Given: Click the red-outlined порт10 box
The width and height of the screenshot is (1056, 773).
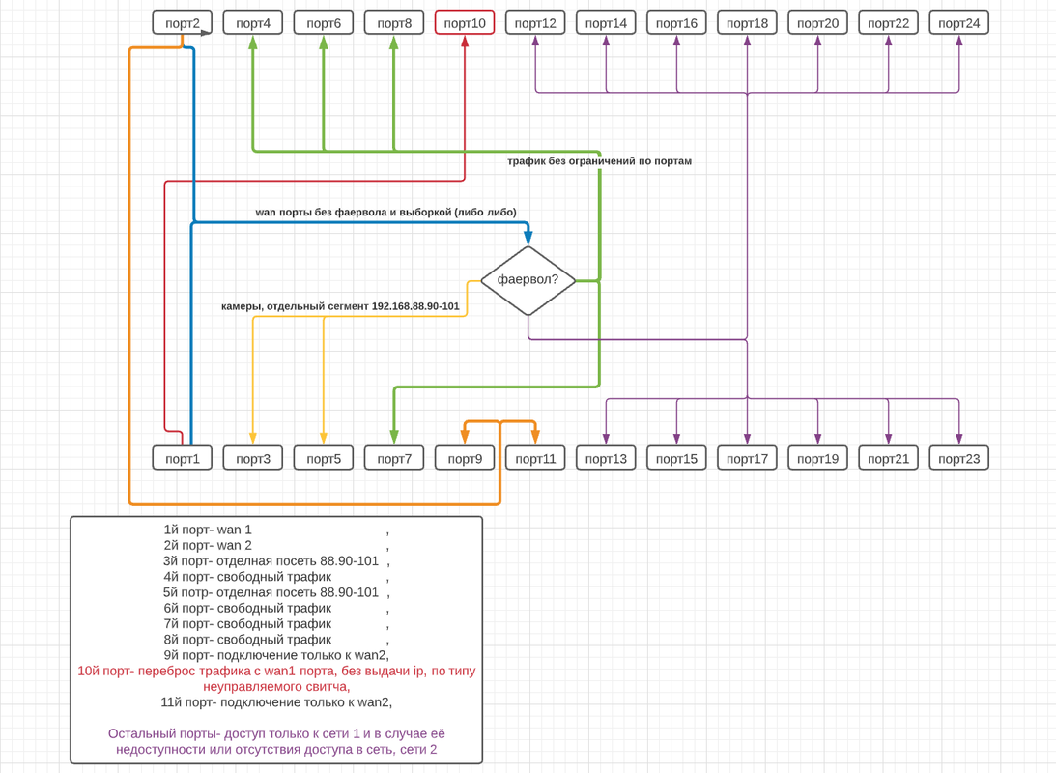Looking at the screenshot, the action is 465,23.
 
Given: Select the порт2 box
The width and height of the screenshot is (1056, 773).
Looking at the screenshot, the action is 183,23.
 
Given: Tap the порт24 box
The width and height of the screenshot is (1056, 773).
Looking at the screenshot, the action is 959,23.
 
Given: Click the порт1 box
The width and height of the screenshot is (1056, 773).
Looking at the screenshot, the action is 183,459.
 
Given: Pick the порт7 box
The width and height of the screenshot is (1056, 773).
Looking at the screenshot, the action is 394,459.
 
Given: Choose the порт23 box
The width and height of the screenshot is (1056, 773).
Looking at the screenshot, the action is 959,459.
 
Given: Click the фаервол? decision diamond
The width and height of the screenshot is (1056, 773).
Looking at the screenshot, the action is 528,280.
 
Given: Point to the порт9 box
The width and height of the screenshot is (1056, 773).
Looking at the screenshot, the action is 465,459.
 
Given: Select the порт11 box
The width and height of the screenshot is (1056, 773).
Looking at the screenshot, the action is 535,459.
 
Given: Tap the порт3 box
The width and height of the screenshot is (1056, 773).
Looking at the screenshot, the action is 253,459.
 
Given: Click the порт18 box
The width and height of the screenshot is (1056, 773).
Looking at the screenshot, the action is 748,23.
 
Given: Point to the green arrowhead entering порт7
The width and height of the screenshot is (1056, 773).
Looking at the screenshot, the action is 394,438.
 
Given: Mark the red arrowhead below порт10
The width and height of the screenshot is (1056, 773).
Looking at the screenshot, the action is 465,41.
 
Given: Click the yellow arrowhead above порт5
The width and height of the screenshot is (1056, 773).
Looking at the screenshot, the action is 324,439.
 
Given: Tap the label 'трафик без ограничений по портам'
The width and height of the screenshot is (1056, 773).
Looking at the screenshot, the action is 599,161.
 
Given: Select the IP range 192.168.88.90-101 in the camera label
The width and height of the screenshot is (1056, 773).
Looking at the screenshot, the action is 415,306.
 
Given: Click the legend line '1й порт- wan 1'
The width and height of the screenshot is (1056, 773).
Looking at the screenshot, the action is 208,530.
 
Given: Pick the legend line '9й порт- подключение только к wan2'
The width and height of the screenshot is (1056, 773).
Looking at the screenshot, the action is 276,655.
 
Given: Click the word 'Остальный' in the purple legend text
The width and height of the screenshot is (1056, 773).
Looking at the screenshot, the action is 139,734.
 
